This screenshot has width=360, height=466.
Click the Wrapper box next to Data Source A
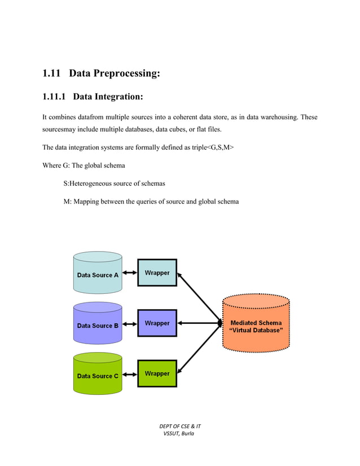point(157,272)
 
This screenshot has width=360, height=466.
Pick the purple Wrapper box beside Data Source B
point(157,323)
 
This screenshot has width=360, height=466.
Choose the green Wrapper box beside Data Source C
point(157,373)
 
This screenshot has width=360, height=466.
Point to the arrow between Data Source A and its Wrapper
point(130,273)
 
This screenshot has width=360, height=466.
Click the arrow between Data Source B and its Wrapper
point(130,324)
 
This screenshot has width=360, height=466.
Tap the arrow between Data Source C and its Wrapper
point(130,374)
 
